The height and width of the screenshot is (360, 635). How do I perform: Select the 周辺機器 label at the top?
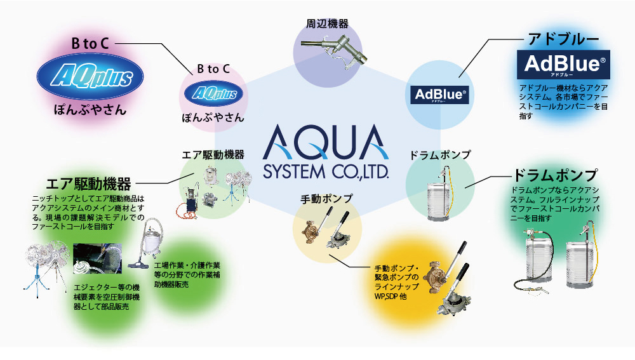(x=327, y=24)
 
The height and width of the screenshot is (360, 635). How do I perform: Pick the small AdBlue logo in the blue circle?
(x=440, y=95)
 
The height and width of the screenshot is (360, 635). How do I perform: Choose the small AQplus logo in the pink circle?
(x=213, y=94)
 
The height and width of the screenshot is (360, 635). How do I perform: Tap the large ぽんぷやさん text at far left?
(x=89, y=110)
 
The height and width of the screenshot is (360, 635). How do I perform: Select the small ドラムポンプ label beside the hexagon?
(x=440, y=155)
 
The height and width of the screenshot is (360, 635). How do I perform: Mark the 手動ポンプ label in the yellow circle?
(x=326, y=199)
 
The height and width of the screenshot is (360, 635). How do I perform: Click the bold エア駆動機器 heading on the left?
(x=89, y=184)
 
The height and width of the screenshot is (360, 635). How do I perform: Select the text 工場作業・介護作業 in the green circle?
(x=187, y=264)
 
